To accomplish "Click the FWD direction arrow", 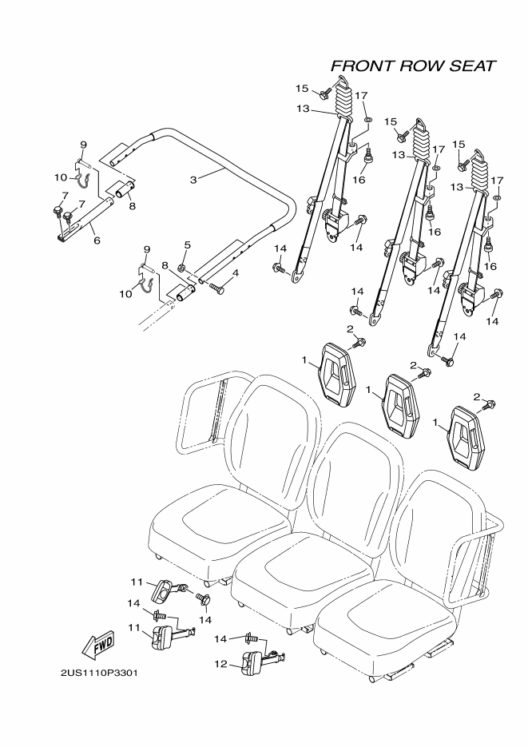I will [x=98, y=643].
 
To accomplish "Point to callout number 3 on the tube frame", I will [x=193, y=179].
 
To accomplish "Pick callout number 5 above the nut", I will [x=186, y=244].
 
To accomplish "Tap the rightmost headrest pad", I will [x=465, y=435].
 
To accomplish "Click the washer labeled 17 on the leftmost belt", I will [x=368, y=121].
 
